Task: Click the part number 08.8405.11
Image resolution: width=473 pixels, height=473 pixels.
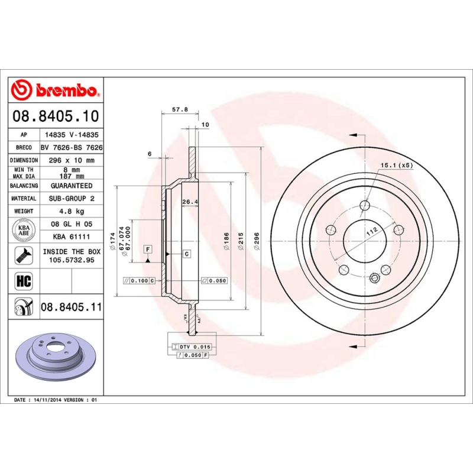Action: pyautogui.click(x=72, y=307)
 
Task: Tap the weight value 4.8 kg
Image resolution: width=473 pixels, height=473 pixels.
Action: pyautogui.click(x=72, y=211)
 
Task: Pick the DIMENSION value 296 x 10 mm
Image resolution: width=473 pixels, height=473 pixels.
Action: pyautogui.click(x=72, y=160)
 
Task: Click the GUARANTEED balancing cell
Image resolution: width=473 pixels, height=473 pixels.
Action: pyautogui.click(x=72, y=186)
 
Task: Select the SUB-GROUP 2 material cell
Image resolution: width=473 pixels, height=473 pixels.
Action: pyautogui.click(x=72, y=199)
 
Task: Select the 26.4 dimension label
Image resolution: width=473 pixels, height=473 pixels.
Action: pyautogui.click(x=189, y=202)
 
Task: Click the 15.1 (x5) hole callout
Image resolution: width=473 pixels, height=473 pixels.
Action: pyautogui.click(x=396, y=165)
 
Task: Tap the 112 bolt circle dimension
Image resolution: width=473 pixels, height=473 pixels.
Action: pyautogui.click(x=371, y=232)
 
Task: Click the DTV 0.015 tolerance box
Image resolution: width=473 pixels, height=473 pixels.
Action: pyautogui.click(x=195, y=346)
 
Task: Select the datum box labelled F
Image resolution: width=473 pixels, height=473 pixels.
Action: pyautogui.click(x=147, y=249)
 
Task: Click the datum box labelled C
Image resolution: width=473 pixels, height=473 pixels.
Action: pyautogui.click(x=186, y=254)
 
